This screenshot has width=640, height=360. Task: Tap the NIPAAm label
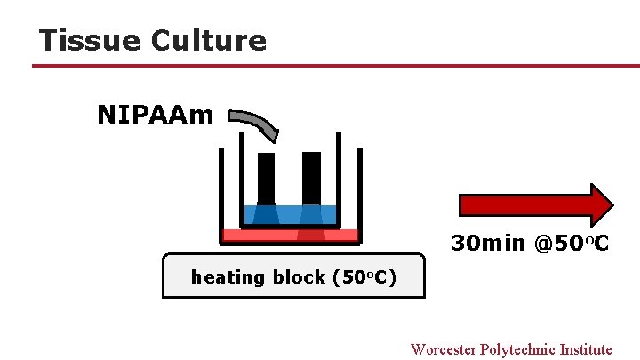(x=156, y=116)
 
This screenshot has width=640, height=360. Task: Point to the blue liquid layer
(x=290, y=215)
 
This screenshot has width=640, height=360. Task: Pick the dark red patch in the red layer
(x=311, y=236)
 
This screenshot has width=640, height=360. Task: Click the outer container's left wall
(x=220, y=191)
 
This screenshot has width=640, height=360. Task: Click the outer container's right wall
(x=360, y=191)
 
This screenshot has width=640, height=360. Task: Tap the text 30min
(x=488, y=243)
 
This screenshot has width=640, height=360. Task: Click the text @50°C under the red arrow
(x=572, y=243)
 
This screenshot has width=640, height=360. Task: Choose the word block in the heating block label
(x=298, y=277)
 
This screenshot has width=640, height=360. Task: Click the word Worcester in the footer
(x=443, y=349)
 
